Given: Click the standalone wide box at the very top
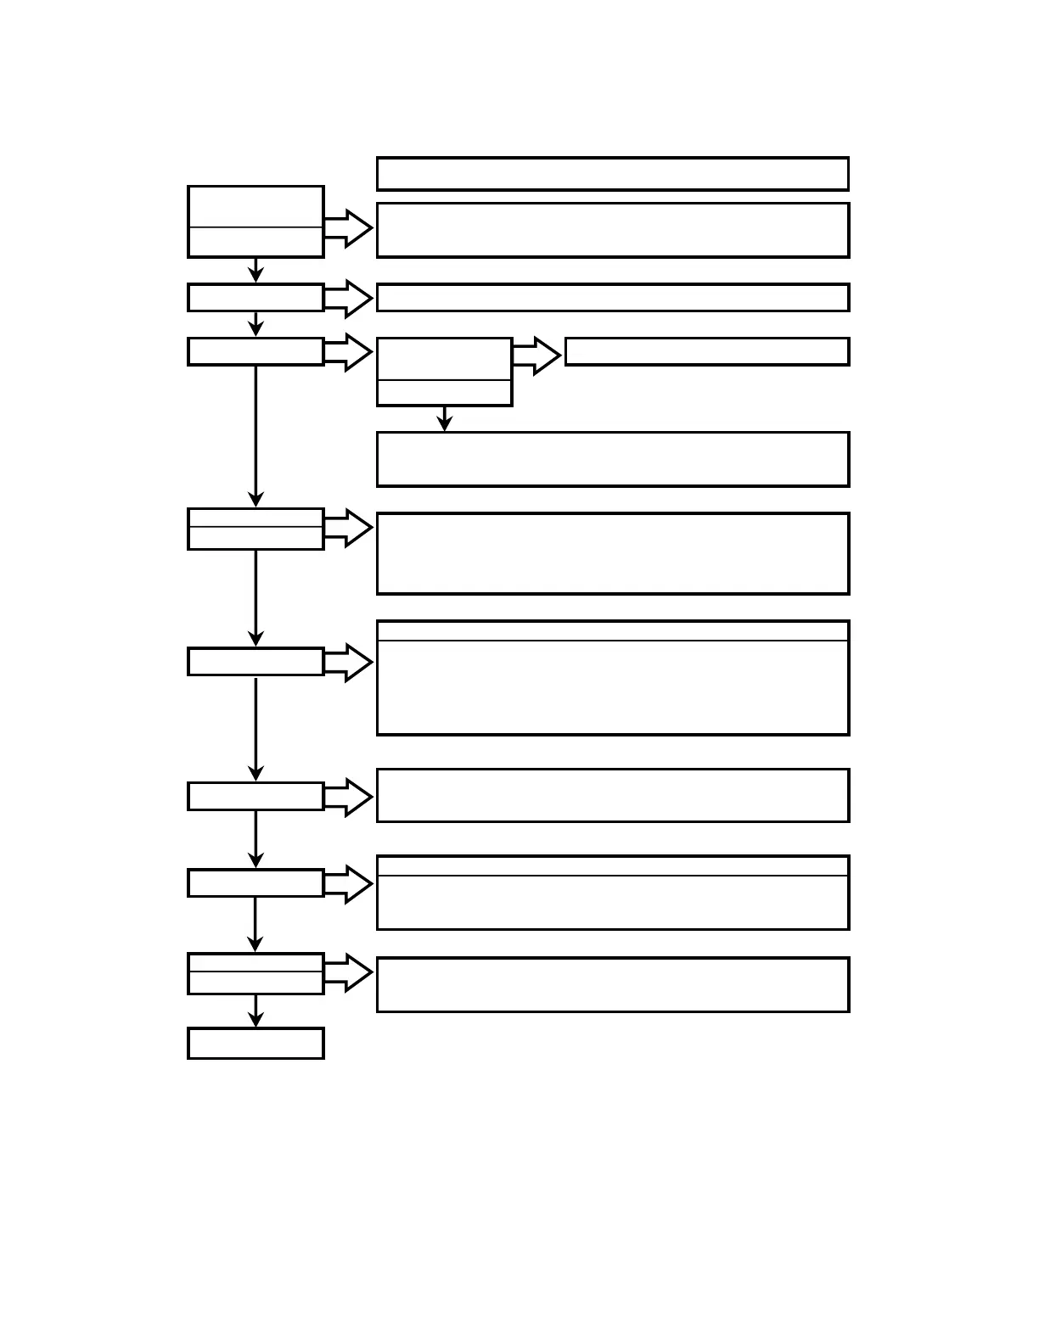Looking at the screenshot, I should point(612,173).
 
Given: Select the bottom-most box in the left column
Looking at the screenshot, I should point(256,1043).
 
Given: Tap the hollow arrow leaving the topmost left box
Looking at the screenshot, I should point(348,228).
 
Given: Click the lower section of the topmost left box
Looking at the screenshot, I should point(256,241).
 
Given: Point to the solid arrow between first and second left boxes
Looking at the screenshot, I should point(256,270).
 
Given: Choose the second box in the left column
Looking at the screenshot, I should point(256,298).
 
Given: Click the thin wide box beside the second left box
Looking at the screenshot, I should point(612,298).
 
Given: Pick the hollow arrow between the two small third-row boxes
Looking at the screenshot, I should point(536,356).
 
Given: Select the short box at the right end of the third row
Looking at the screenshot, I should point(706,351).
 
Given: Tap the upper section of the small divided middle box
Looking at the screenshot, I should point(444,359).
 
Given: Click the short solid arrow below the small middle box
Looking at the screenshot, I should point(444,419).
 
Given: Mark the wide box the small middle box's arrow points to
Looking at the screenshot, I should point(612,459).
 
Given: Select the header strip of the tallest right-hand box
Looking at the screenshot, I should point(612,631).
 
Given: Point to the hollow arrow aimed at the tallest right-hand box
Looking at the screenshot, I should point(348,663).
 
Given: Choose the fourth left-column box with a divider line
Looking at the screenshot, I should point(256,529).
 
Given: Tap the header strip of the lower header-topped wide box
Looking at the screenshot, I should point(612,866).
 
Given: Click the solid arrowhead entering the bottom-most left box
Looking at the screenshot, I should point(256,1020).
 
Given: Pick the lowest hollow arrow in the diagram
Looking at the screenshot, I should point(348,972).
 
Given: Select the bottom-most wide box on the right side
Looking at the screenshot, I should point(612,984).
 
